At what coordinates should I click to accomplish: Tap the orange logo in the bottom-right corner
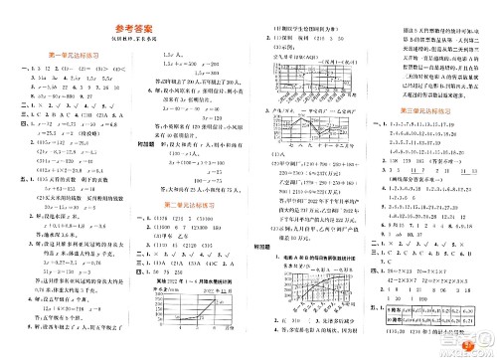(x=475, y=345)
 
